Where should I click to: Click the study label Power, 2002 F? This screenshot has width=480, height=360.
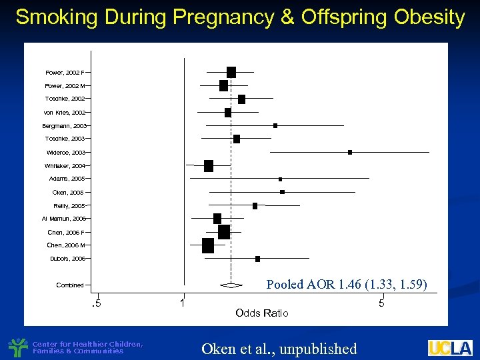click(65, 72)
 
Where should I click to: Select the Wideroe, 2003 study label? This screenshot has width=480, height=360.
click(65, 153)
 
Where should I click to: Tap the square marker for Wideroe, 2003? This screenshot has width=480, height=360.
click(350, 153)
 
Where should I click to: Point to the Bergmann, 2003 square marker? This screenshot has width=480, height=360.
click(275, 125)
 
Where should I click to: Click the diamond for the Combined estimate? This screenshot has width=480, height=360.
click(231, 285)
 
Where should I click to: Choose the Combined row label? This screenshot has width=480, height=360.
click(70, 285)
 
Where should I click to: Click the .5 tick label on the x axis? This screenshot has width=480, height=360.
click(96, 304)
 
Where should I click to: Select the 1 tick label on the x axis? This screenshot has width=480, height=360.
click(183, 304)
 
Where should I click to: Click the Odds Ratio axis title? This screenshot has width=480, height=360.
click(262, 313)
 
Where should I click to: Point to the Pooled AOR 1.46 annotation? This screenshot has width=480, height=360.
click(347, 285)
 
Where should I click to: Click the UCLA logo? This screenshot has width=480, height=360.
click(450, 348)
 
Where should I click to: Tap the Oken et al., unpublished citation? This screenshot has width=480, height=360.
click(279, 349)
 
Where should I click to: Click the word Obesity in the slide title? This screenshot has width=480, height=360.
click(425, 17)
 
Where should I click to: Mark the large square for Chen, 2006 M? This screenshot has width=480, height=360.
click(208, 245)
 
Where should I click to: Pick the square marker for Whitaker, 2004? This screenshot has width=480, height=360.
click(209, 166)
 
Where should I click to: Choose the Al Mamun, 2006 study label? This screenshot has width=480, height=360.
click(63, 219)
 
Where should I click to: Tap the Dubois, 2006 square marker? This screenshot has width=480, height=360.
click(257, 259)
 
